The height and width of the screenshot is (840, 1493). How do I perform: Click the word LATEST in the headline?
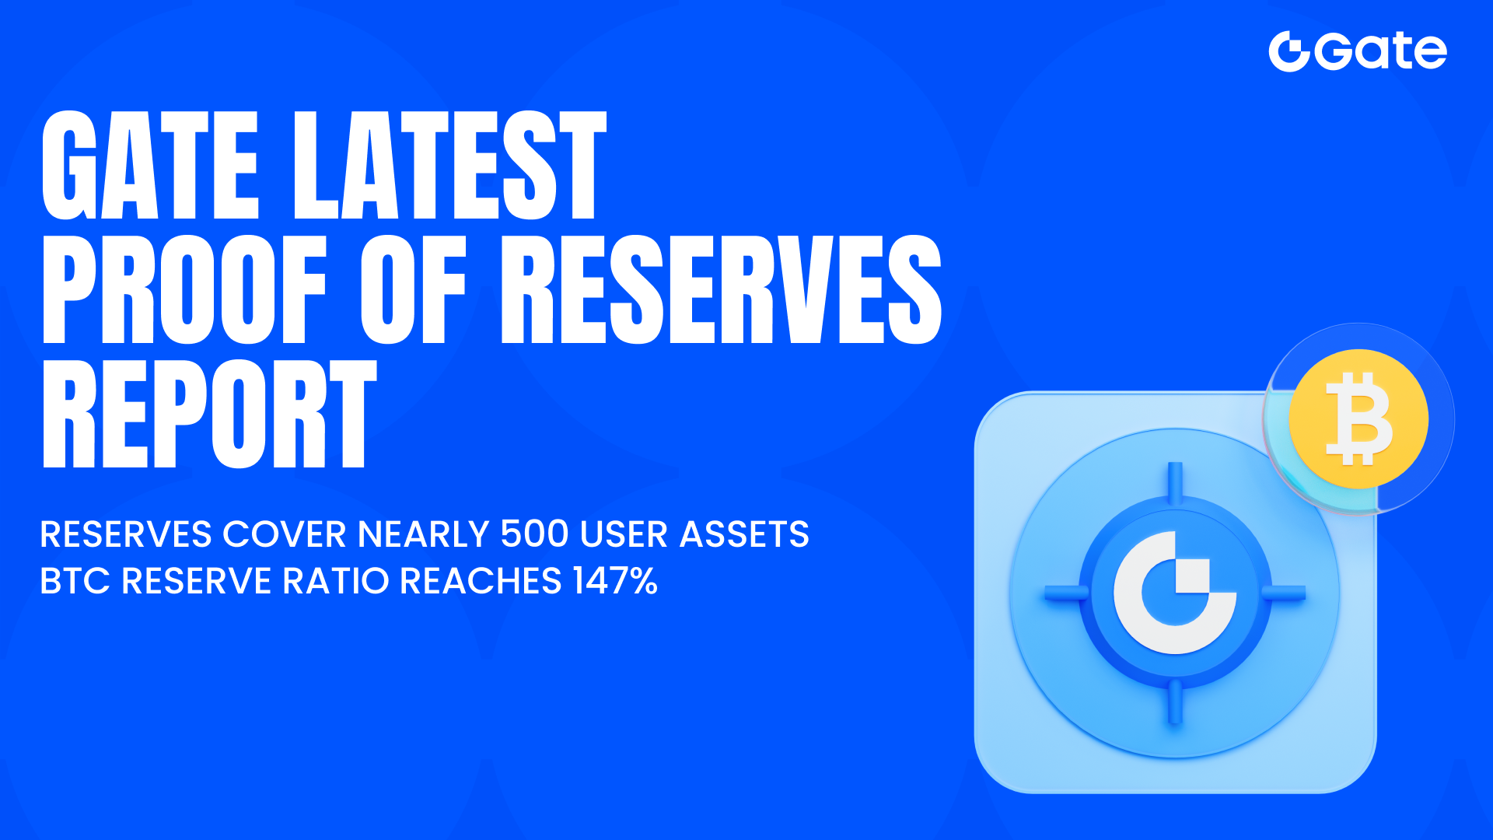click(x=449, y=165)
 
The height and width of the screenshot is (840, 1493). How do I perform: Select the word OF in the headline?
click(x=413, y=289)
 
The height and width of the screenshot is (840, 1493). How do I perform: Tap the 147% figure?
click(x=615, y=581)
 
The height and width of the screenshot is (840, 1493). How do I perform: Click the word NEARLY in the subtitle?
click(x=423, y=534)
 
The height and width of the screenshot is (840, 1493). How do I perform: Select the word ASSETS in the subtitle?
click(x=744, y=534)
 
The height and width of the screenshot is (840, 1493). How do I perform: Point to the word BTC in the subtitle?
click(x=75, y=581)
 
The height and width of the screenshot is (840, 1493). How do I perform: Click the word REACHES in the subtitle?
click(x=481, y=581)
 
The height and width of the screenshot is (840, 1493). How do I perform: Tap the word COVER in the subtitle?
click(x=285, y=534)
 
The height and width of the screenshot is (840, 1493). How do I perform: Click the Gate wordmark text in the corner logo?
click(x=1381, y=51)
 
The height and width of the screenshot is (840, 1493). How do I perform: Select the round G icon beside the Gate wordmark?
click(x=1289, y=52)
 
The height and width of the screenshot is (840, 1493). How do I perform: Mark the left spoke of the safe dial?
click(x=1065, y=593)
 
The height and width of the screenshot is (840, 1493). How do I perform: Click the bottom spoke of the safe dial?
click(x=1175, y=702)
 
